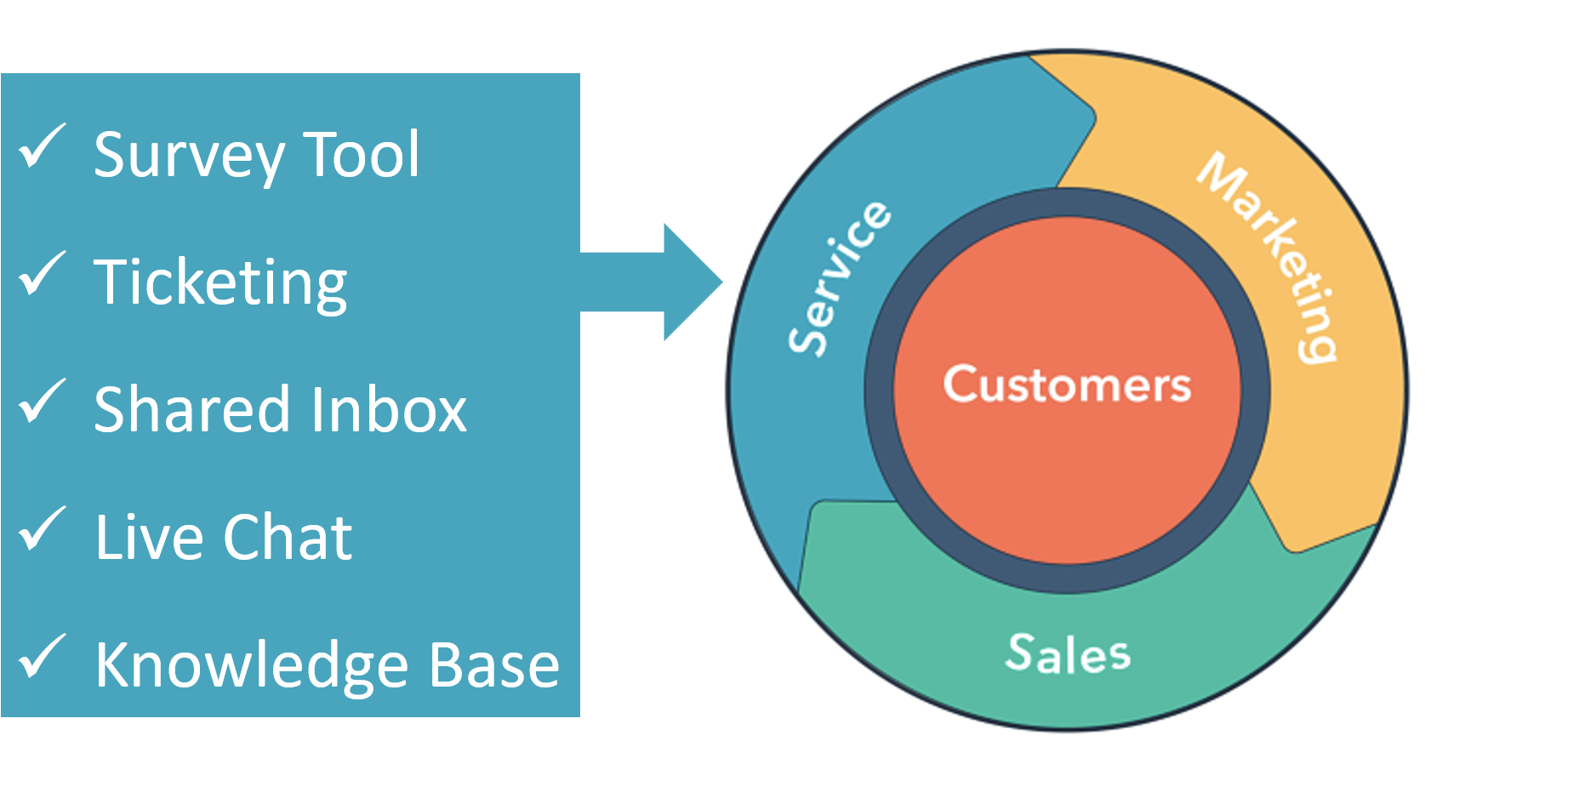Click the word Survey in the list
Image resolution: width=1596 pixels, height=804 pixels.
pos(189,157)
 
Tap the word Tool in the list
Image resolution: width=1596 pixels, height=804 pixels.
pos(362,154)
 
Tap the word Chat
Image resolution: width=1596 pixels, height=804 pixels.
pos(288,537)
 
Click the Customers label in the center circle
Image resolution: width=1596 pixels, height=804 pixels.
pos(1067,385)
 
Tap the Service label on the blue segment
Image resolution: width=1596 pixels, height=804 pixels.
pos(838,277)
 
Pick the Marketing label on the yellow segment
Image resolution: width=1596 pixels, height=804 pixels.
pos(1267,257)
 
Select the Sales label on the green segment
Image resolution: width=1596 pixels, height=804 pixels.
pos(1068,653)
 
